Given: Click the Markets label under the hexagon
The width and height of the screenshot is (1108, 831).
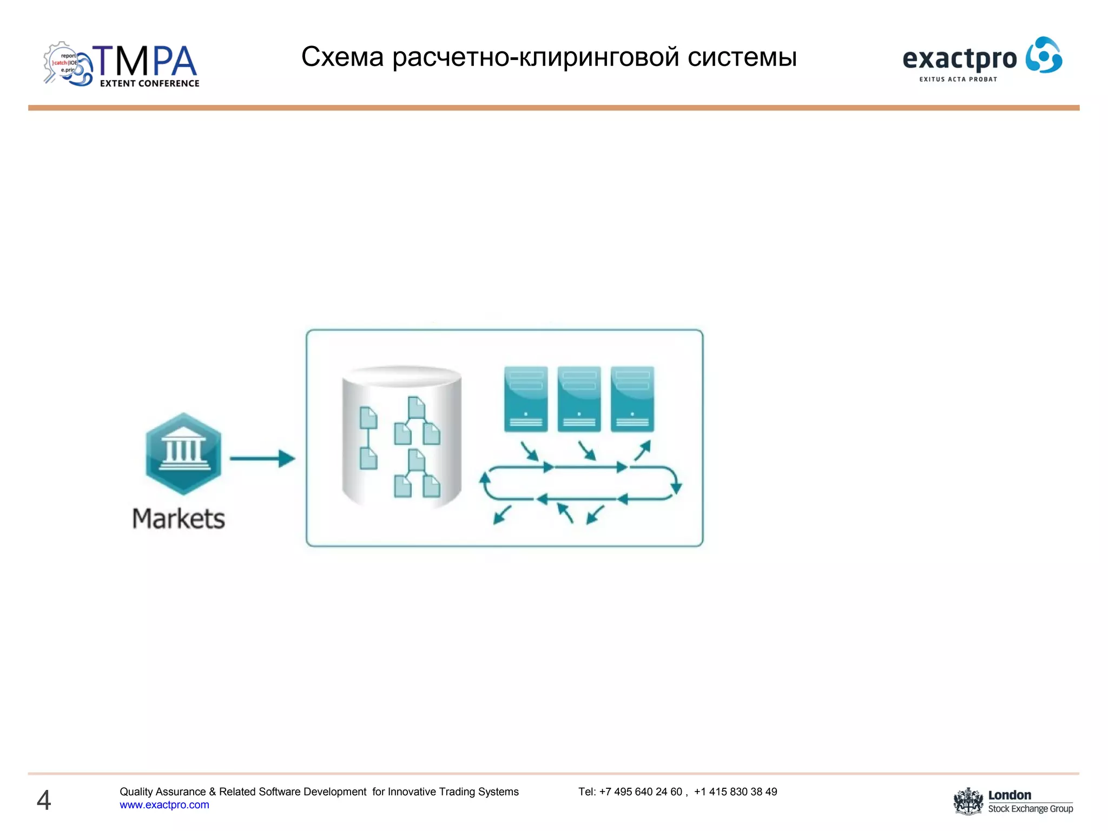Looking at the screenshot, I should tap(179, 518).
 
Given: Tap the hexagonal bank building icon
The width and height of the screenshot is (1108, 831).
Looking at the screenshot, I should tap(183, 453).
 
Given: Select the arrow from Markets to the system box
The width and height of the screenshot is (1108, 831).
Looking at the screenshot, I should tap(262, 458).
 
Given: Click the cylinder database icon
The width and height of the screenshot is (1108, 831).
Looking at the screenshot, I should tap(401, 437).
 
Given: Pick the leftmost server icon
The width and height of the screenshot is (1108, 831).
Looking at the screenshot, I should tap(525, 399).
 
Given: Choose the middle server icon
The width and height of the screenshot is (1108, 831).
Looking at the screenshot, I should tap(579, 399).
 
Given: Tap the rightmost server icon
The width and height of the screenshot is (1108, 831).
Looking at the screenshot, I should tap(632, 399).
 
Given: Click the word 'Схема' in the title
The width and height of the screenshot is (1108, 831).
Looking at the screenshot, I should tap(342, 57).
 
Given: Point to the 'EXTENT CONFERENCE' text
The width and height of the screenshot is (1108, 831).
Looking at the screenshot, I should tap(149, 83).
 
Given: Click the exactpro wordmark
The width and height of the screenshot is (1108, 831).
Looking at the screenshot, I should tap(959, 59).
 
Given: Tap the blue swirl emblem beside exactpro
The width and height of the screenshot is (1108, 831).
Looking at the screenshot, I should tap(1044, 55).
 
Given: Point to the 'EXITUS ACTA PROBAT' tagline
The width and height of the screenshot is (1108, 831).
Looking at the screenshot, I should tap(958, 79).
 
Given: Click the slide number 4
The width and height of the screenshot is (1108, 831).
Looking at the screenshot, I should tap(44, 800).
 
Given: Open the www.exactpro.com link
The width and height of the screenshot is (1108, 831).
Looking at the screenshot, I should tap(164, 805).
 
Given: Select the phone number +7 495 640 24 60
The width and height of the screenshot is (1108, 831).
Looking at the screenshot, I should tap(641, 792).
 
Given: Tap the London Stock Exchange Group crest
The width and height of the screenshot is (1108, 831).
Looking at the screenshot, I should tap(968, 801).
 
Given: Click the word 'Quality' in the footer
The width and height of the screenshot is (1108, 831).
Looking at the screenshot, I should tap(136, 792).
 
